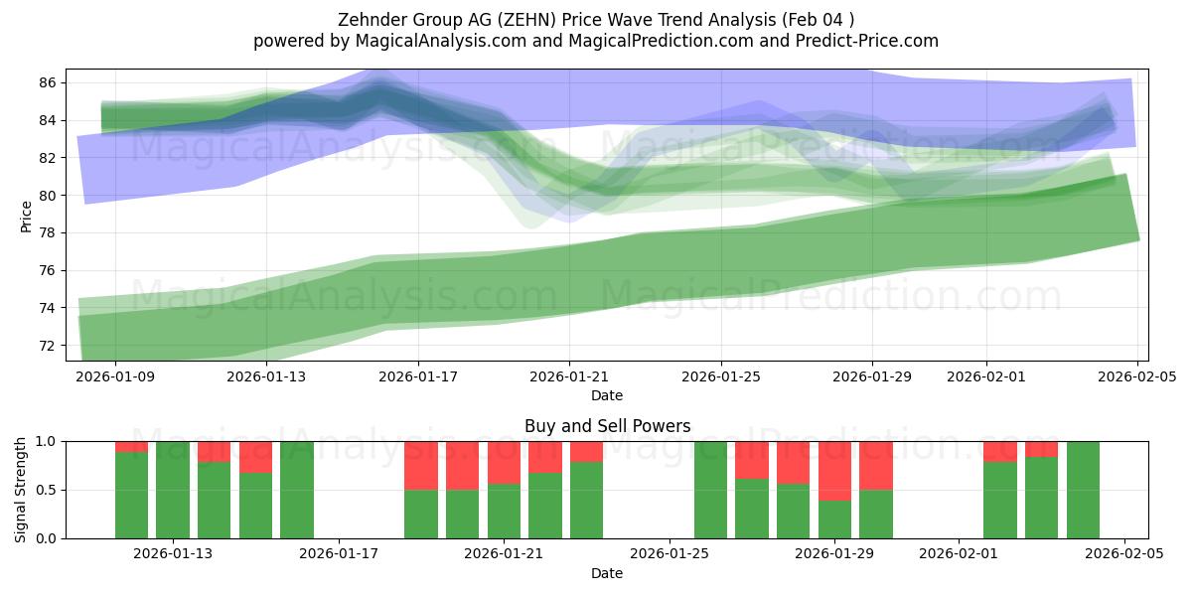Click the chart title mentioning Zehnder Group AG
click(595, 19)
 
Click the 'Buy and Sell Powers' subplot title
click(607, 426)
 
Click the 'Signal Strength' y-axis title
click(21, 490)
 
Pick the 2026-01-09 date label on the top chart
click(115, 376)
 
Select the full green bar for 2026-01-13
click(173, 490)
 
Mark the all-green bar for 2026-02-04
click(1083, 490)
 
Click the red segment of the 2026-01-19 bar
click(421, 465)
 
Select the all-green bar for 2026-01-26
click(710, 490)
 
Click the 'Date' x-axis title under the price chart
click(607, 395)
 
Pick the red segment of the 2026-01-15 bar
click(255, 456)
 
